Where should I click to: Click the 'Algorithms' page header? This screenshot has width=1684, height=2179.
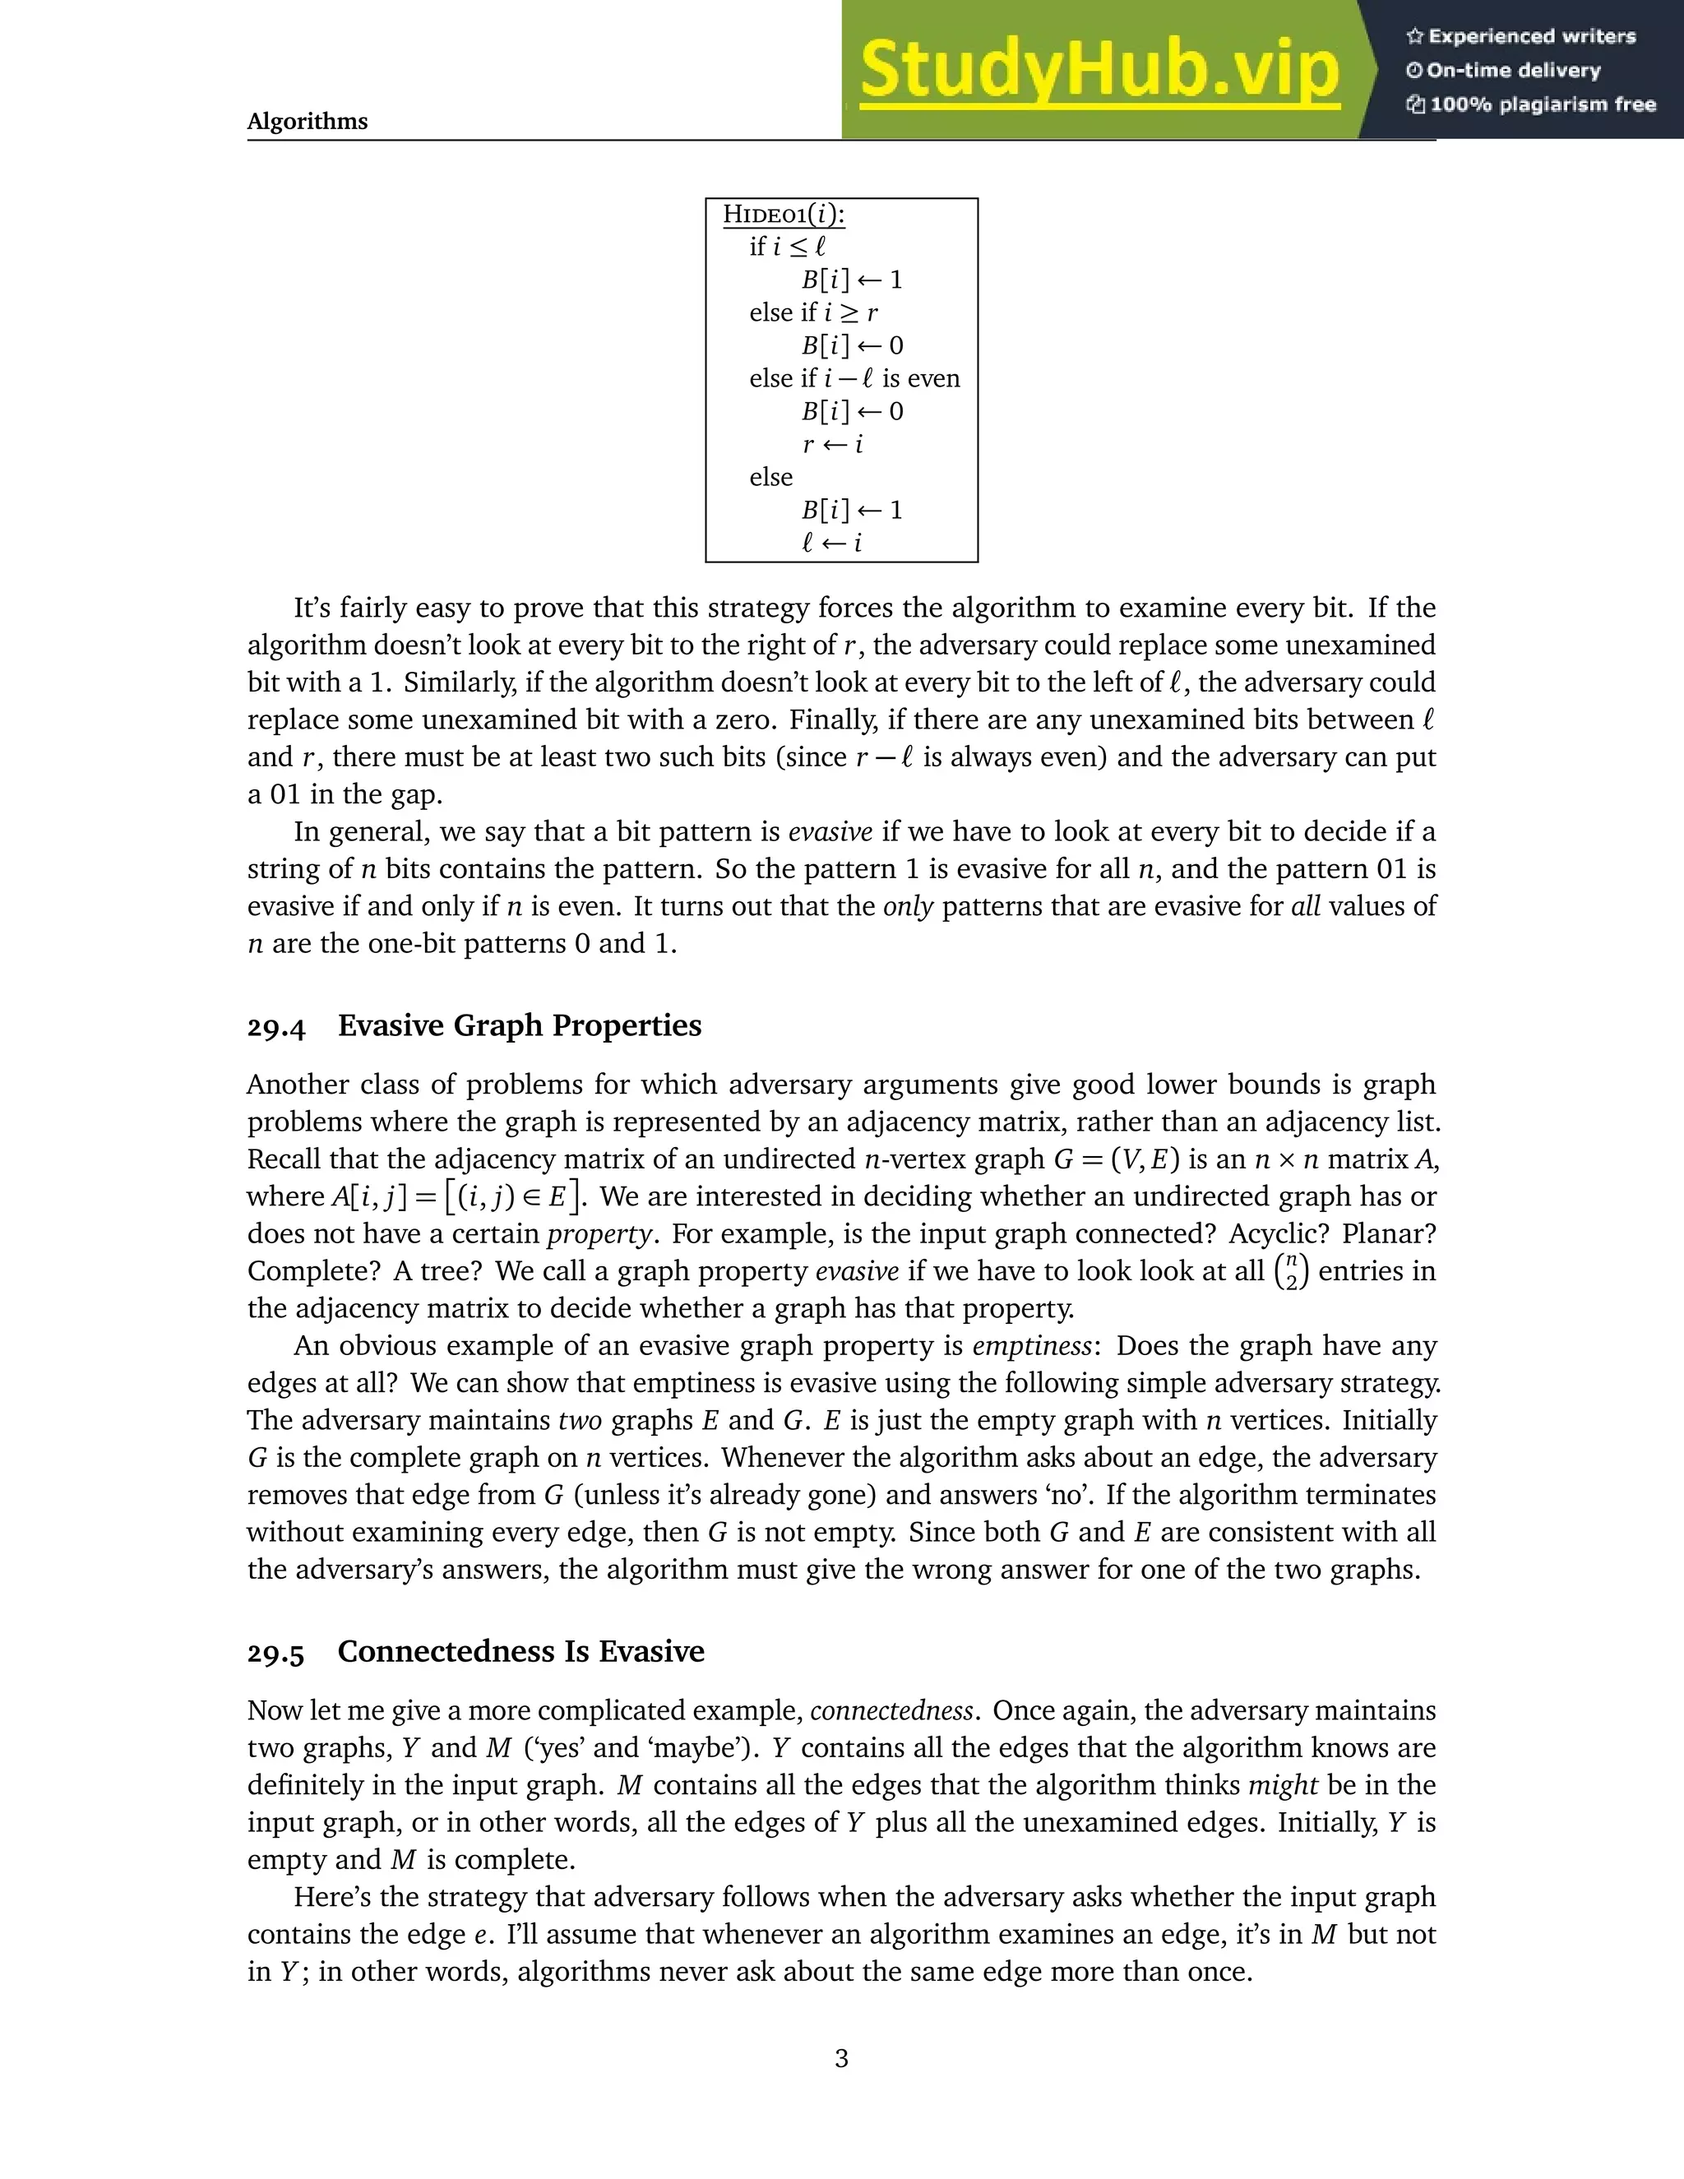[x=308, y=122]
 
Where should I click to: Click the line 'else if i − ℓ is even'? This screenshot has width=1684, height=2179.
[x=854, y=378]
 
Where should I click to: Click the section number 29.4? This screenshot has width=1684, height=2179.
[x=276, y=1027]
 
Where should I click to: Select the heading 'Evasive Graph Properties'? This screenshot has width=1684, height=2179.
[x=519, y=1025]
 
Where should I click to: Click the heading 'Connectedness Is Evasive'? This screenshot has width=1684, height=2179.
[x=520, y=1651]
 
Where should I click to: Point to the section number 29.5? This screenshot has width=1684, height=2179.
[x=276, y=1652]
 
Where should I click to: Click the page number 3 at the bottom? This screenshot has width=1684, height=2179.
[x=841, y=2057]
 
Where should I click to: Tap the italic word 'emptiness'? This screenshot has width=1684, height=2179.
[x=1032, y=1346]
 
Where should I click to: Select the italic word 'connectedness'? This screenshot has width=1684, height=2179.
[x=891, y=1711]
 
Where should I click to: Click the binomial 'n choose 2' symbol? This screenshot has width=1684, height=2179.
[x=1291, y=1272]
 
